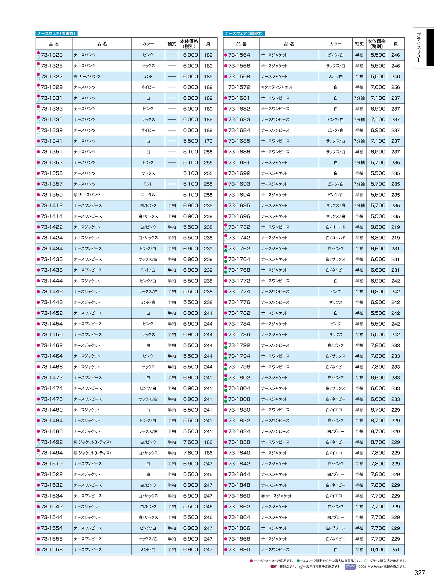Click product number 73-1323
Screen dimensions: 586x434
(x=52, y=55)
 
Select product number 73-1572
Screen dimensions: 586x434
(x=239, y=87)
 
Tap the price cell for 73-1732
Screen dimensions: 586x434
(x=378, y=227)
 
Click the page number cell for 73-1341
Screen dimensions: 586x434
(x=208, y=141)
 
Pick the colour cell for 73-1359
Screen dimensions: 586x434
(x=148, y=195)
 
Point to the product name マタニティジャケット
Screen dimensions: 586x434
(x=277, y=87)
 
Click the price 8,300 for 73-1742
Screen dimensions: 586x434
(x=378, y=238)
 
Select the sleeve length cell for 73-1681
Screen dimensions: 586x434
(x=359, y=98)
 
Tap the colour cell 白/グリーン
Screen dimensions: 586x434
(x=335, y=528)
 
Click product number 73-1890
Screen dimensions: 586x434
(x=239, y=550)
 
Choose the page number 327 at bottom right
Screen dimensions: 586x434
(x=419, y=573)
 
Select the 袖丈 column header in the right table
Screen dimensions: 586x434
(x=359, y=44)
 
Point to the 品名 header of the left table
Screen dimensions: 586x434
(x=102, y=44)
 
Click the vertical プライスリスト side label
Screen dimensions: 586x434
(x=419, y=47)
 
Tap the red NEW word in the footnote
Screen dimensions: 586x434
(x=273, y=567)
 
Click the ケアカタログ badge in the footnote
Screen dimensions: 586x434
(x=350, y=567)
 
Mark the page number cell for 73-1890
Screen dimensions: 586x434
(x=395, y=550)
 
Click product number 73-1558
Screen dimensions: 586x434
(x=52, y=550)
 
